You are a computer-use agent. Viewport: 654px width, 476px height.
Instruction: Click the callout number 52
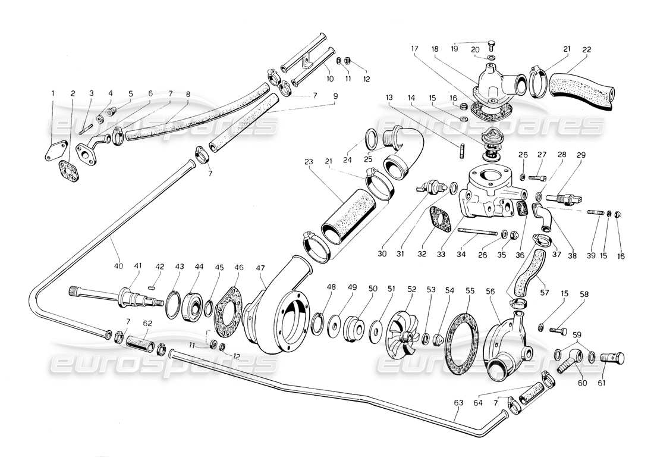(x=411, y=289)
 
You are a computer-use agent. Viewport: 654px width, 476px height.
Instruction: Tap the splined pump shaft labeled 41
(x=131, y=295)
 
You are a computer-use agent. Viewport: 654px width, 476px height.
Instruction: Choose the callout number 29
(x=581, y=155)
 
